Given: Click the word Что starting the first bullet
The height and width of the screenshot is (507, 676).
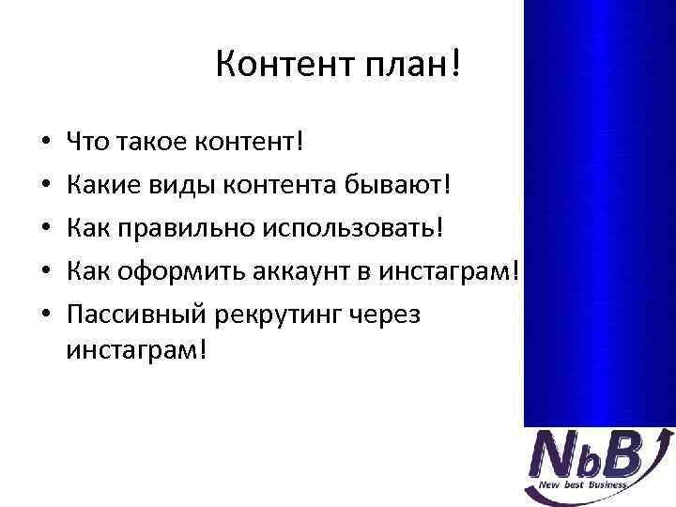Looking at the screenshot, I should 87,144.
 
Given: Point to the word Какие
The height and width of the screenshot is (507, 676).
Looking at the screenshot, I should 104,186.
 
